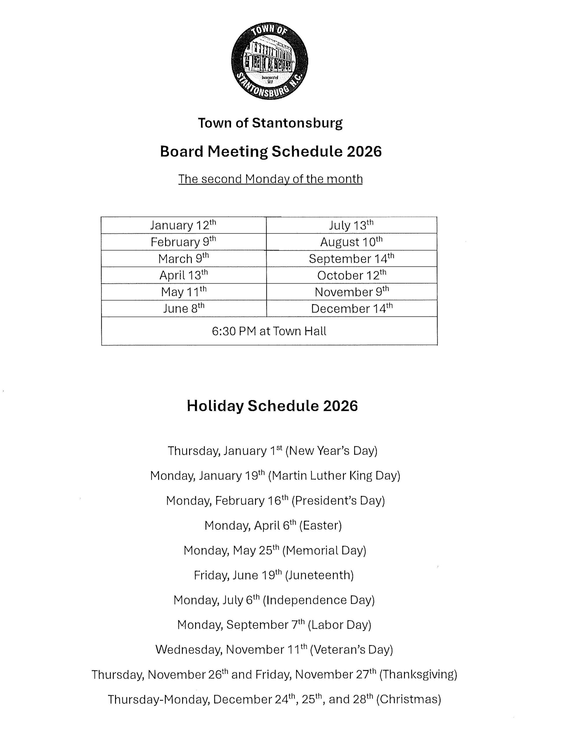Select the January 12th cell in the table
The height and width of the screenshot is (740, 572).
(183, 225)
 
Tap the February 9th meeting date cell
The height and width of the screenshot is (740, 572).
(183, 242)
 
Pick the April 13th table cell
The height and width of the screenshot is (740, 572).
(183, 275)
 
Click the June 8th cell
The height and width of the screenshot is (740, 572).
(183, 308)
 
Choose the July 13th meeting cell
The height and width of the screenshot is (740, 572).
(351, 225)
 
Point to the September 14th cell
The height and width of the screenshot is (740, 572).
(351, 258)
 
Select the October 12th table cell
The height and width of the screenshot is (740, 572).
(351, 275)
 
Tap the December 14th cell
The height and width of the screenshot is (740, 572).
(351, 308)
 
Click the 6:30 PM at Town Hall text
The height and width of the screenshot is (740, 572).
(269, 331)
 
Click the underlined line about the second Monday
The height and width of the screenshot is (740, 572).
(270, 179)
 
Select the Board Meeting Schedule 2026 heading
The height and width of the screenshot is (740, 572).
(271, 151)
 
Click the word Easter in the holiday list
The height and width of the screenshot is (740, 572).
(320, 526)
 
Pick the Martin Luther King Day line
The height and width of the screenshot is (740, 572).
(275, 476)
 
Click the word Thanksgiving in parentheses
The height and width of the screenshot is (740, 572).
(418, 674)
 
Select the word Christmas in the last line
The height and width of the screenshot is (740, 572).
(409, 699)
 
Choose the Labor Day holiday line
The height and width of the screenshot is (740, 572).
(274, 624)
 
